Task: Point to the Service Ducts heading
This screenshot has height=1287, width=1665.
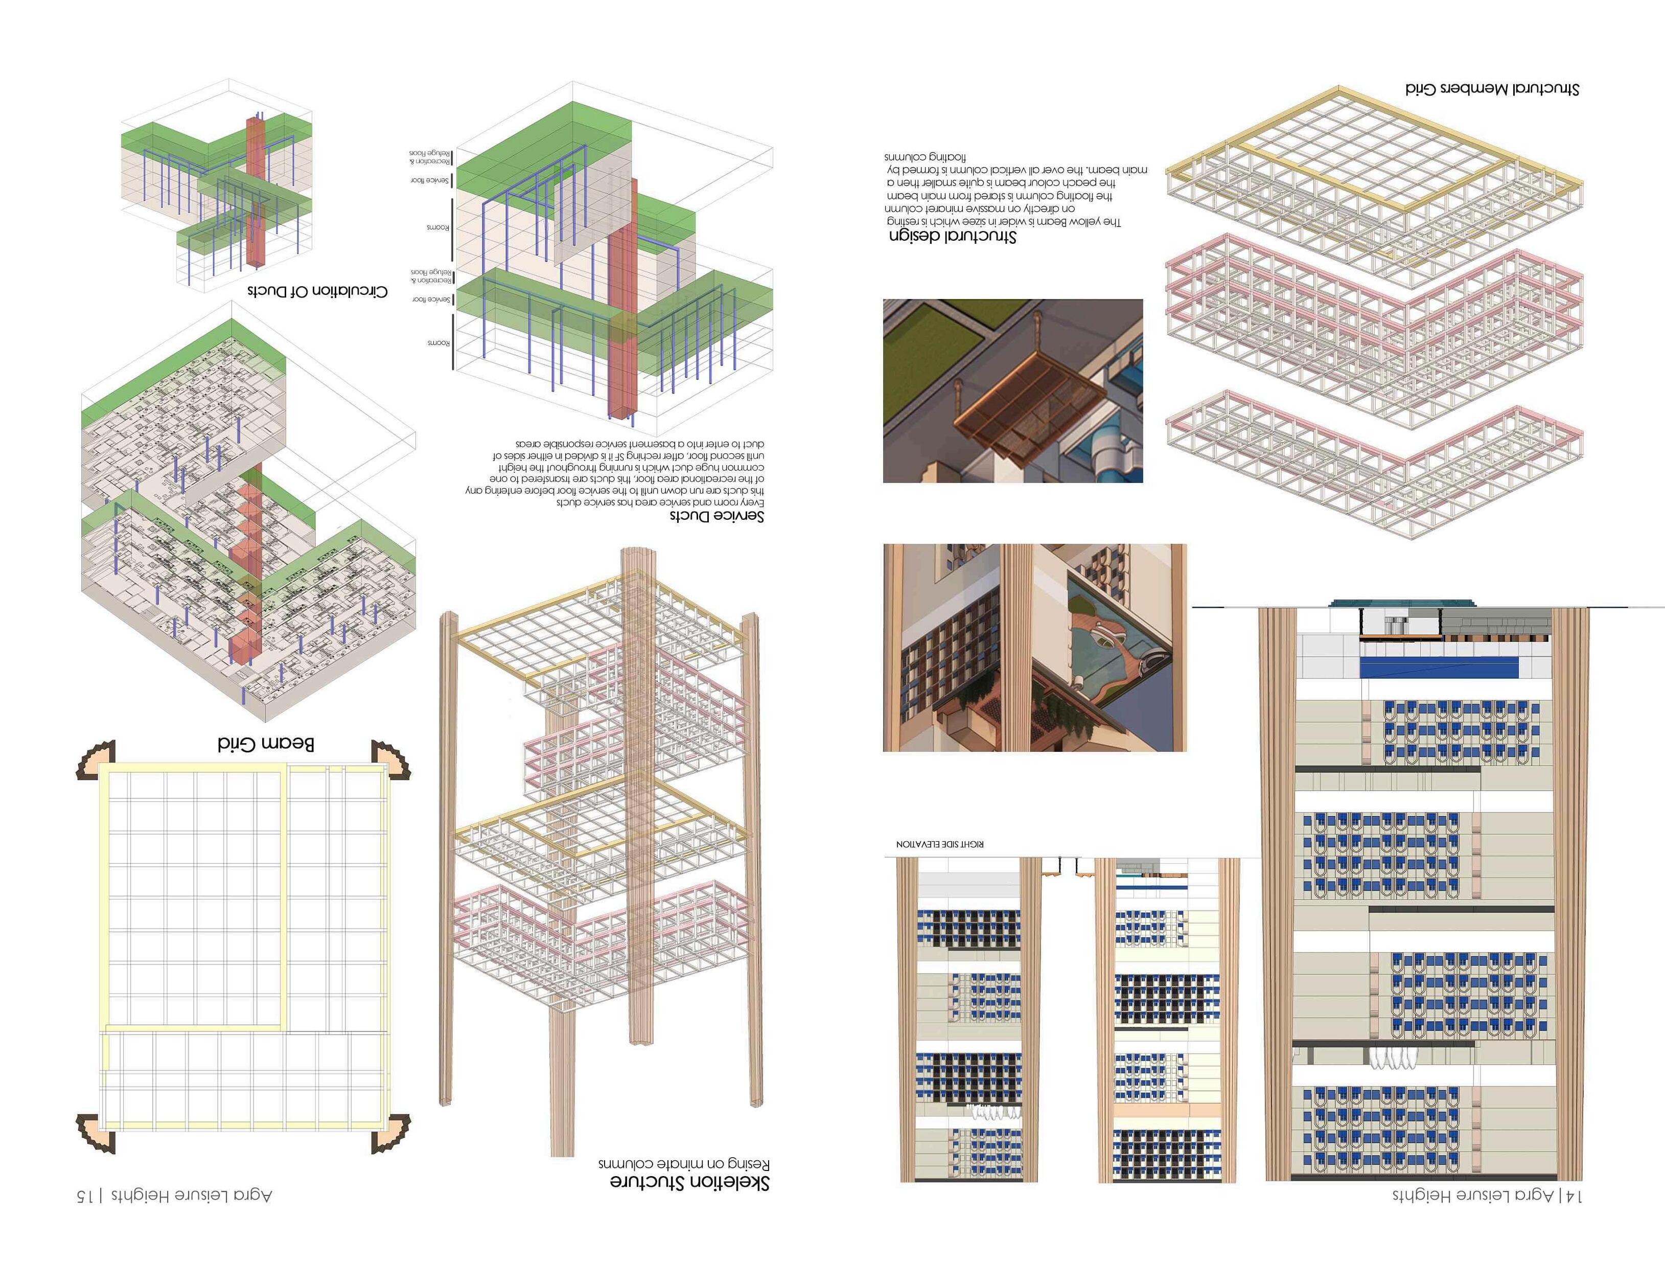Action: (x=716, y=516)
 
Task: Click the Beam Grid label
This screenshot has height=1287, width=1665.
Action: (x=265, y=743)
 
